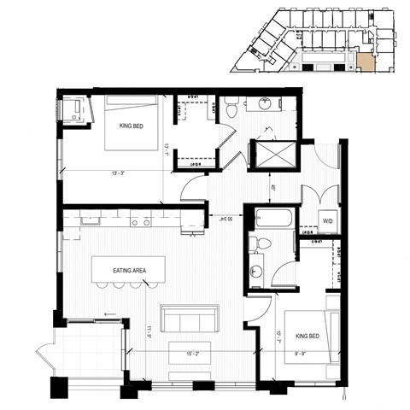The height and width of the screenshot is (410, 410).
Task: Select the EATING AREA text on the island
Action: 130,271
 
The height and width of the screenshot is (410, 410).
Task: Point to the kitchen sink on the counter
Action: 89,220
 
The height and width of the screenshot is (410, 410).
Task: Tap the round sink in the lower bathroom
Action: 256,272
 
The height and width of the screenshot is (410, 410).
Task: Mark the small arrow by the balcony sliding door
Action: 109,314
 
